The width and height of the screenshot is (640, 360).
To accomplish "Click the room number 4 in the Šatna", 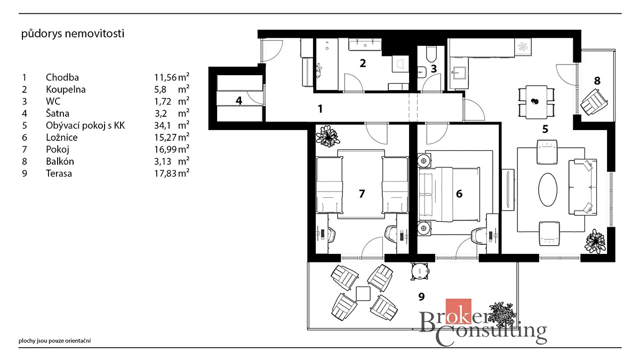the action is [x=239, y=101].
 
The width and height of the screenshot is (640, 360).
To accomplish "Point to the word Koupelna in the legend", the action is [x=66, y=90].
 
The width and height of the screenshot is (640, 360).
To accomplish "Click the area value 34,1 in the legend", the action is [x=162, y=125].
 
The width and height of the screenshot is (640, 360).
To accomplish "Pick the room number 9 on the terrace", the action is [x=421, y=297].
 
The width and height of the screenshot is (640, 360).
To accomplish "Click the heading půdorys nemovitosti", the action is [x=73, y=34].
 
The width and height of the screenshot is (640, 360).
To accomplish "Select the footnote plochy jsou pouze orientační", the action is [x=55, y=341].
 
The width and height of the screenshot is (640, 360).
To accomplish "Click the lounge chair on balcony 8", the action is [x=594, y=102].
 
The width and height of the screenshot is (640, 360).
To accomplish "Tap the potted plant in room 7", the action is [x=327, y=137].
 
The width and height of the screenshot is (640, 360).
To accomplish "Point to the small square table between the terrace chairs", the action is [x=363, y=294].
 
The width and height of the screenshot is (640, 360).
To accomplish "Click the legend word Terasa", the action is [x=59, y=173].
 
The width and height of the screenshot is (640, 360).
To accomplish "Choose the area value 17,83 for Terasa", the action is [x=165, y=173].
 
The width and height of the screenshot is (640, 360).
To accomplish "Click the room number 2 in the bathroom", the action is [x=363, y=63].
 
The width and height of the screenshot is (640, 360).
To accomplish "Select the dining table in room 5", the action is [x=537, y=102].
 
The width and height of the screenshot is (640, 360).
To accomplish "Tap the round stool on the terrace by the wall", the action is [x=420, y=271].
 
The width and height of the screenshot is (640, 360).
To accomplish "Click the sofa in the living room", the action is [x=583, y=187].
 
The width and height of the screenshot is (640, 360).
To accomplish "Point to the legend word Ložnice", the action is [x=62, y=138].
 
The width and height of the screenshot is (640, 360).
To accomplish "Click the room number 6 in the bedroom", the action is [x=459, y=194].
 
